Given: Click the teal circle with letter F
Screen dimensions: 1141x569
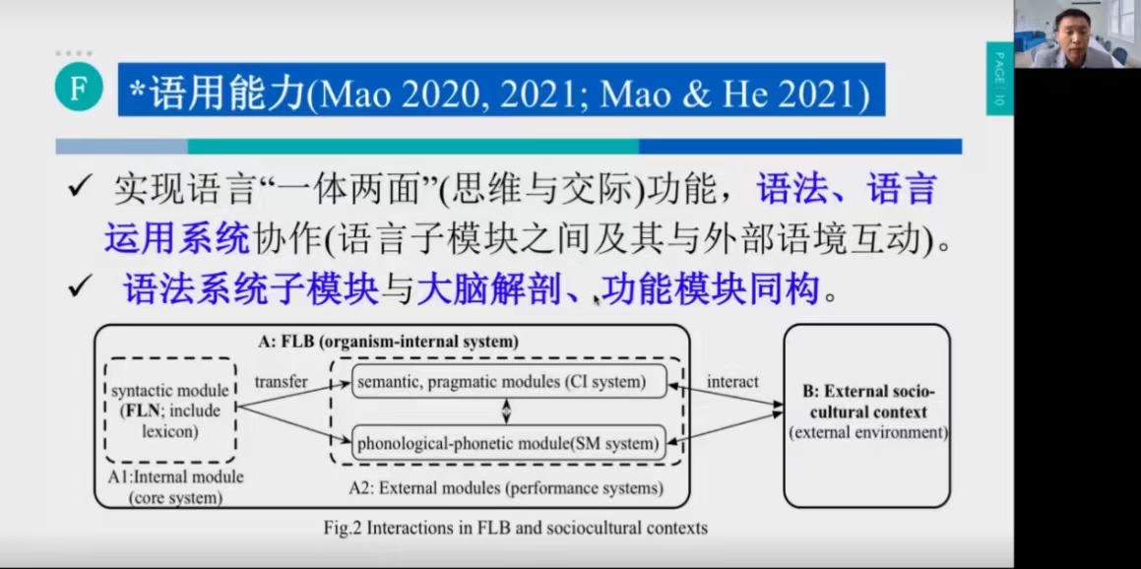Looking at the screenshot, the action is (78, 90).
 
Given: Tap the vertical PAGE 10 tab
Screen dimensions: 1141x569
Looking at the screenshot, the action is (999, 78).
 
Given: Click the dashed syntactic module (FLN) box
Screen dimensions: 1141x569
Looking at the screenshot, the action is (171, 411).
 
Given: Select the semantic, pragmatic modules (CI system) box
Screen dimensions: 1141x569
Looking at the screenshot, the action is (509, 382).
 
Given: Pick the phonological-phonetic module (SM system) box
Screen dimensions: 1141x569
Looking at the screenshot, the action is (509, 442).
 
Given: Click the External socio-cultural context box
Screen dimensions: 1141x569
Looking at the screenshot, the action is (867, 415).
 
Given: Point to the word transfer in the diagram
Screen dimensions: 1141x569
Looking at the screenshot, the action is (282, 381).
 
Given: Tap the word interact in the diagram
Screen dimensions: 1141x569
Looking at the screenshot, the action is (732, 381).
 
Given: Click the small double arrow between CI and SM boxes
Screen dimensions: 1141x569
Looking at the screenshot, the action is (508, 411).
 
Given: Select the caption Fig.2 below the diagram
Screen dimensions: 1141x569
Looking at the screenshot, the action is (515, 528).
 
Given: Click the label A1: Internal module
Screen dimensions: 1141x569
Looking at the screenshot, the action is (175, 478).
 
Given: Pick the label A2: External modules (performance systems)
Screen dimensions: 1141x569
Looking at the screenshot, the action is (506, 487).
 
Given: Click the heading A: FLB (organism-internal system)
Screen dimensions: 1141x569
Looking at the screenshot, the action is (389, 342).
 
